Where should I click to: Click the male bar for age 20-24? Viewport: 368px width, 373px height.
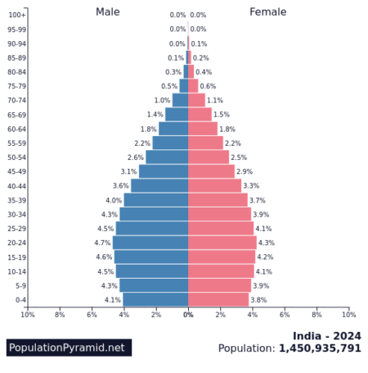tap(150, 243)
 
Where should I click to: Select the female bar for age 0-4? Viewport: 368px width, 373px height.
tap(218, 299)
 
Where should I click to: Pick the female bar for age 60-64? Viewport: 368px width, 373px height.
tap(203, 129)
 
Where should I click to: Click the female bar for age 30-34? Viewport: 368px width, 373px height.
tap(219, 214)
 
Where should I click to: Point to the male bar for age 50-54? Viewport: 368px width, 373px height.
tap(167, 157)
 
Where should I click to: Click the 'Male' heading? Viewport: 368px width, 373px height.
tap(107, 12)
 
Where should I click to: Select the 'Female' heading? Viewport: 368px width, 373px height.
tap(267, 12)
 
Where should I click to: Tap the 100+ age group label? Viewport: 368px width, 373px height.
tap(17, 15)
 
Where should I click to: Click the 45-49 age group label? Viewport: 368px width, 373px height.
tap(16, 171)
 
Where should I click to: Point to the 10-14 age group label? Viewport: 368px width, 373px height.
tap(16, 271)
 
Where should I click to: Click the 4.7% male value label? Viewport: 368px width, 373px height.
tap(102, 243)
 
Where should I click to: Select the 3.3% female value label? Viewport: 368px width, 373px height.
tap(251, 186)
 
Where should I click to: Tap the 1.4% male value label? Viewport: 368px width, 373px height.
tap(155, 115)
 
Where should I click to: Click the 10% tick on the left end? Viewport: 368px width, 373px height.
tap(28, 315)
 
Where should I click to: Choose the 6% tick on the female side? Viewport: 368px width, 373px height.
tap(285, 315)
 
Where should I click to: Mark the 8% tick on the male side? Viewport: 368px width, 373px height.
tap(60, 315)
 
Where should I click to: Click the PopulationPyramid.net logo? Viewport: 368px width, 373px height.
tap(69, 348)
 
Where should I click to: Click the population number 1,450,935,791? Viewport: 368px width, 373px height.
tap(320, 348)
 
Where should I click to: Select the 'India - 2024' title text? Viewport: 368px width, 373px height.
tap(326, 334)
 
